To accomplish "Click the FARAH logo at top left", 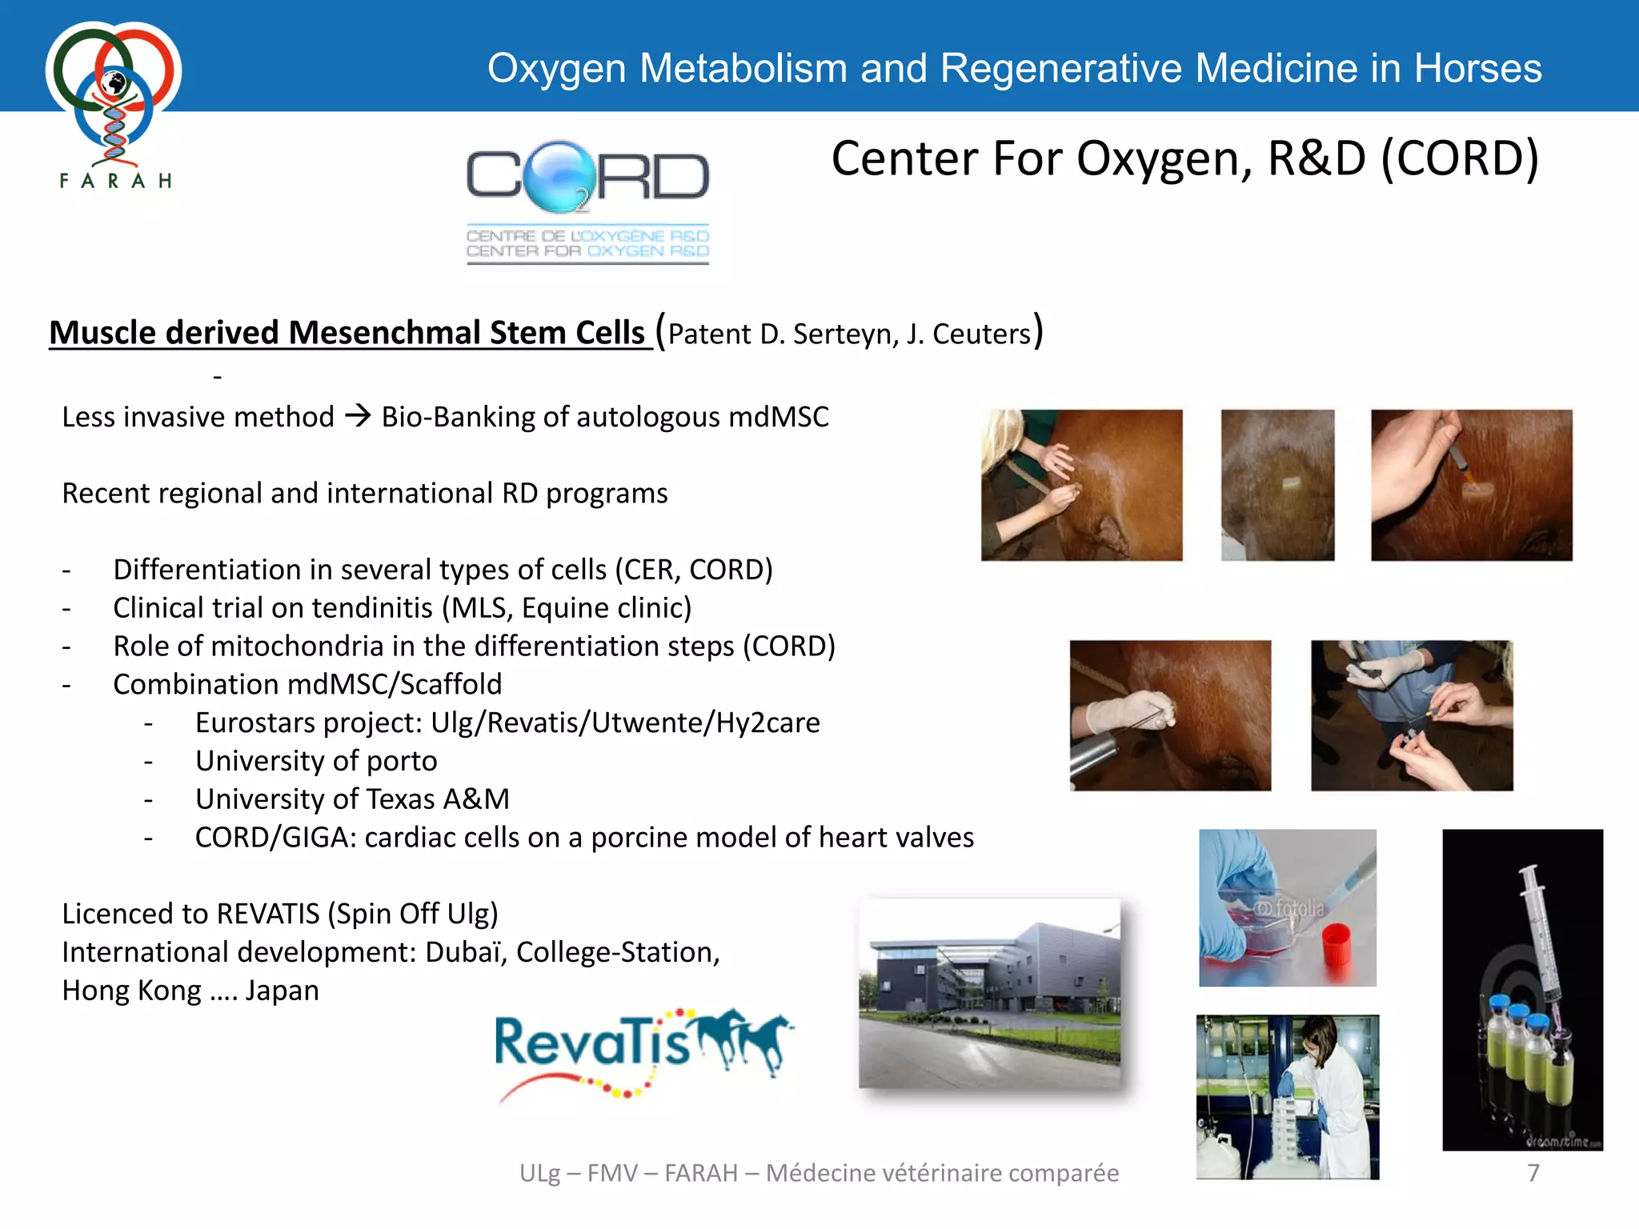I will click(114, 104).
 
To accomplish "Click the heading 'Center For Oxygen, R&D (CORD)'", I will click(1184, 158).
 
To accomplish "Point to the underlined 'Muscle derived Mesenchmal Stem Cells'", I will click(347, 333).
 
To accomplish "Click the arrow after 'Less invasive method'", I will click(358, 416).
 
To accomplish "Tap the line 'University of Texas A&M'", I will click(352, 799).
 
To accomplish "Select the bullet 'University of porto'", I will click(316, 760).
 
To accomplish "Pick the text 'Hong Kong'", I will click(131, 991).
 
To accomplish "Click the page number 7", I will click(1533, 1173).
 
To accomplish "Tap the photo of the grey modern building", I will click(989, 994).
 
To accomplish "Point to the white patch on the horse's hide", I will click(1287, 483).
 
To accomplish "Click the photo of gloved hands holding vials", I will click(1412, 715).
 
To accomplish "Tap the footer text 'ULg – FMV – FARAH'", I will click(628, 1173).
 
